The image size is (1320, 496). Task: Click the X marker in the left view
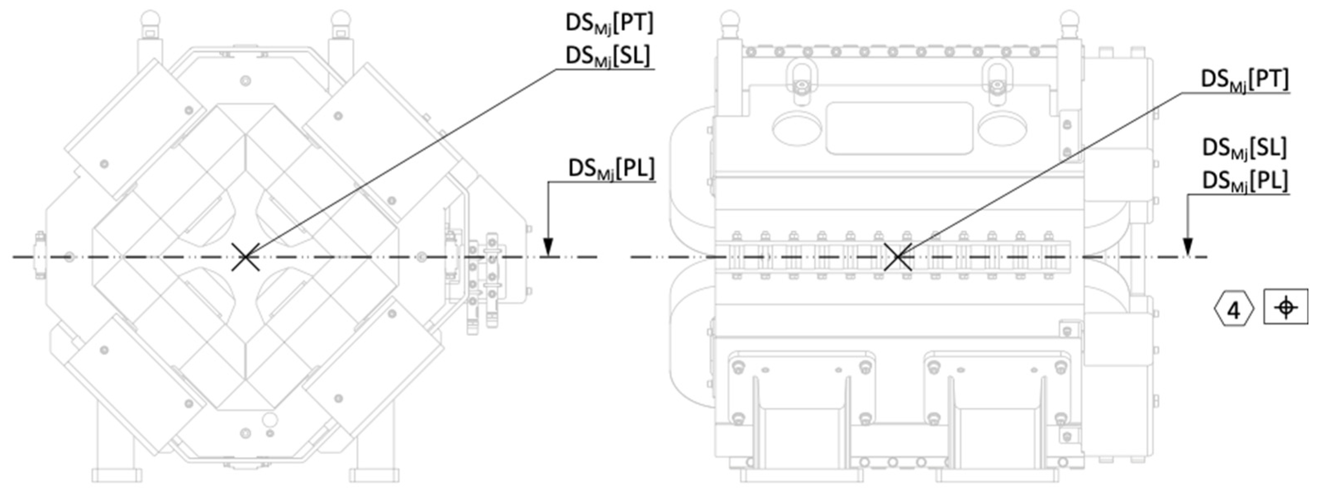pyautogui.click(x=246, y=256)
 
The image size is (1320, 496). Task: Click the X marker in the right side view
pyautogui.click(x=898, y=256)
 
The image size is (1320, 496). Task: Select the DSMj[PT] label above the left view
pyautogui.click(x=609, y=24)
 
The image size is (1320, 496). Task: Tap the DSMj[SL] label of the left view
pyautogui.click(x=608, y=56)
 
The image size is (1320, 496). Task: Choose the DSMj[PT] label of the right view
pyautogui.click(x=1244, y=80)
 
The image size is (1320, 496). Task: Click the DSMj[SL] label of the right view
pyautogui.click(x=1244, y=148)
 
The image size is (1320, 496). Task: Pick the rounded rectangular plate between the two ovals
pyautogui.click(x=899, y=128)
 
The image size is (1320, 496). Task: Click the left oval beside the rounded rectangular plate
pyautogui.click(x=797, y=128)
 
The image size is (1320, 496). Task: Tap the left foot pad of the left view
pyautogui.click(x=117, y=474)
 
